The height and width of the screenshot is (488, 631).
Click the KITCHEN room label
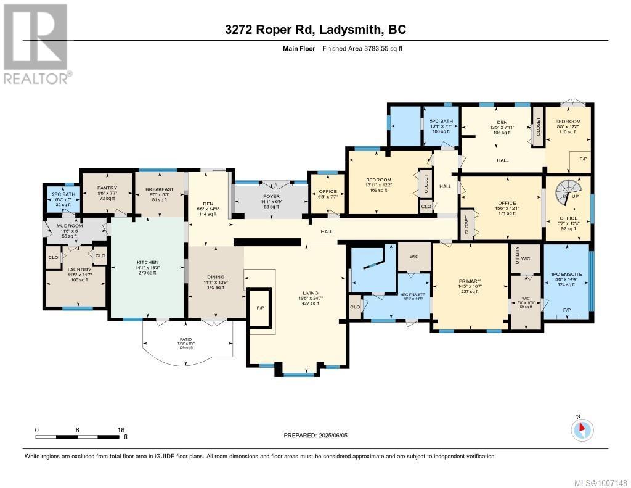pyautogui.click(x=147, y=262)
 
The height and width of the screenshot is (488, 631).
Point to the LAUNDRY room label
pyautogui.click(x=79, y=270)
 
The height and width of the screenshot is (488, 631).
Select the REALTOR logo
pyautogui.click(x=36, y=44)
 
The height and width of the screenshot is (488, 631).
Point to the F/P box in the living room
pyautogui.click(x=259, y=307)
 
